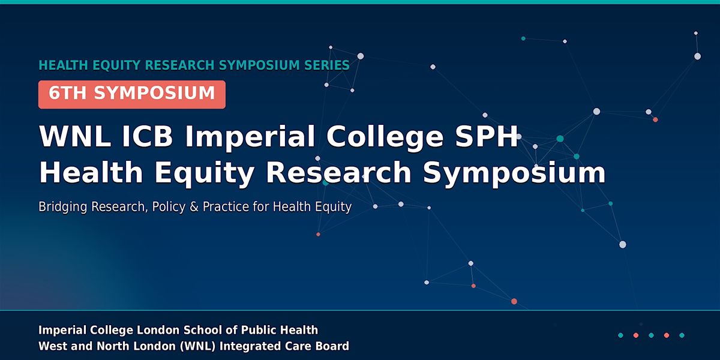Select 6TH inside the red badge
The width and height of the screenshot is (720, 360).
point(67,93)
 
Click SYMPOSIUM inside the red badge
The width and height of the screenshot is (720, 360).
point(154,93)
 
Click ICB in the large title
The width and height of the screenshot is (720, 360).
point(147,136)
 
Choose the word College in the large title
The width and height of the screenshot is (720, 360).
point(385,138)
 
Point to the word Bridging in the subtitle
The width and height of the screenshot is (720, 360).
point(62,207)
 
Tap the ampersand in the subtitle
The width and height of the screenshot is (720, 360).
point(194,206)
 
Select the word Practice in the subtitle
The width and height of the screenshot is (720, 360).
point(226,206)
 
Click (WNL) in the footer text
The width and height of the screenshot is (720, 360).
point(198,346)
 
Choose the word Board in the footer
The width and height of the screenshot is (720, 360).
point(332,346)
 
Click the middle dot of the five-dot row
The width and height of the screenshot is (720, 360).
point(651,335)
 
